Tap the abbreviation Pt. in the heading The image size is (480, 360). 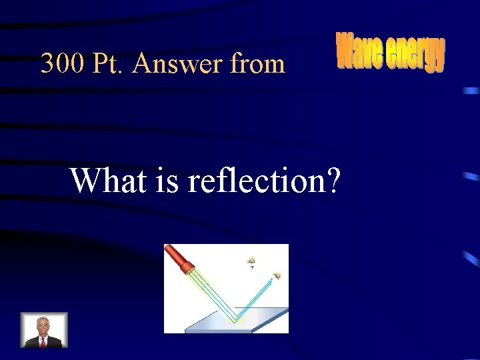pos(107,64)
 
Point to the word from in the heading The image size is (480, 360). pos(257,64)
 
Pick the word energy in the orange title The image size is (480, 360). pos(415,55)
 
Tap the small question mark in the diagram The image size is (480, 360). pos(251,267)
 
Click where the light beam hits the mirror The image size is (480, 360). pos(234,319)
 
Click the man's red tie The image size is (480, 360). pos(43,341)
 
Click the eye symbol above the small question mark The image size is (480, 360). pos(251,260)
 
